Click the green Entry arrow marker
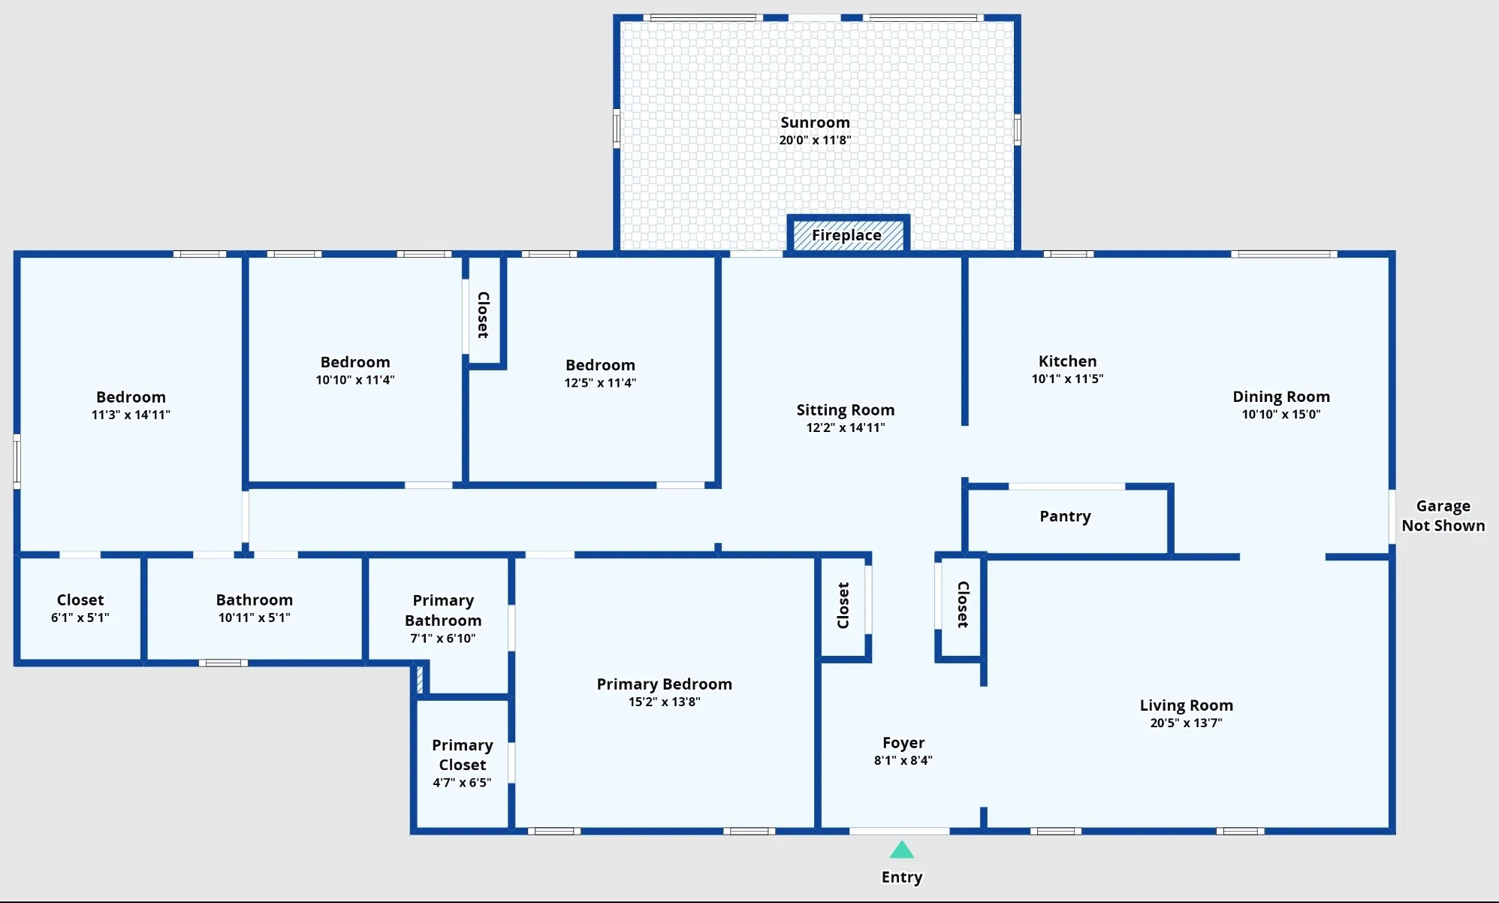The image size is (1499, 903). click(902, 850)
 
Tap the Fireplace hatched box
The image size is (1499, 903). click(848, 235)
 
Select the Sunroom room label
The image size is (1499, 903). click(815, 122)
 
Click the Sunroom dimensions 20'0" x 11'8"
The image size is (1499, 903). click(815, 140)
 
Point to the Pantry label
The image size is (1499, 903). click(1065, 516)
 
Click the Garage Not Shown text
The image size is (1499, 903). click(1443, 515)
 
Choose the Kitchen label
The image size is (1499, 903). click(1067, 361)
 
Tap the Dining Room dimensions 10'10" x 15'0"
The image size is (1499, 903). click(1281, 414)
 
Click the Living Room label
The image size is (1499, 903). click(1187, 705)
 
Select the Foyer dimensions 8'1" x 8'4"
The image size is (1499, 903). click(903, 760)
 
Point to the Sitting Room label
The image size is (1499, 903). click(846, 410)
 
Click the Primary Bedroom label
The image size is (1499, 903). click(665, 684)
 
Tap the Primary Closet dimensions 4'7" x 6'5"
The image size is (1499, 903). click(462, 783)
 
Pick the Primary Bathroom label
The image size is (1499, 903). click(443, 610)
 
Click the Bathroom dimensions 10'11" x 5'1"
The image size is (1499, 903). click(255, 618)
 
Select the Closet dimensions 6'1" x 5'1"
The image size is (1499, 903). click(80, 618)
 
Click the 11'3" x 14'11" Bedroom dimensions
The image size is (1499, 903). click(131, 415)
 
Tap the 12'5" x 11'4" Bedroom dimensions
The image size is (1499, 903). click(600, 382)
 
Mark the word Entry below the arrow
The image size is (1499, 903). click(902, 877)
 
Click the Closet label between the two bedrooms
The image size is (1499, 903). click(484, 315)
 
